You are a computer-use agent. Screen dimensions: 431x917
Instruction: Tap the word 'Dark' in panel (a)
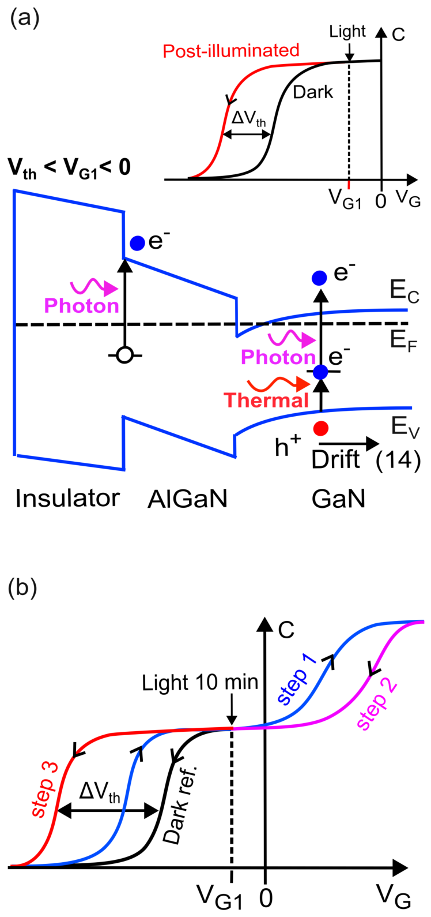coord(313,92)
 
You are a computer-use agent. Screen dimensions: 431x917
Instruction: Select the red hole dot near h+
coord(320,428)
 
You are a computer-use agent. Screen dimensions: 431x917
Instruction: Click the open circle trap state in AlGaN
coord(124,355)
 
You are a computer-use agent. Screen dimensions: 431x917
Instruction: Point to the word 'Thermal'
coord(266,400)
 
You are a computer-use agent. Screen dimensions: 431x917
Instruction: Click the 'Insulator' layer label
coord(67,498)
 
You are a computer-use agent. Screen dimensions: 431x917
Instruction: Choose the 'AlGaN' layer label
coord(187,499)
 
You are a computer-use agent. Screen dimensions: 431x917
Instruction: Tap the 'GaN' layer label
coord(339,499)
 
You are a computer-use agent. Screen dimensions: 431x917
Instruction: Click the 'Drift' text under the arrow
coord(335,459)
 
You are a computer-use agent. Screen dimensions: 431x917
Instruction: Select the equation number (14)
coord(398,460)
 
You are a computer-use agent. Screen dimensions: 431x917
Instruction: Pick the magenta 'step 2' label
coord(377,703)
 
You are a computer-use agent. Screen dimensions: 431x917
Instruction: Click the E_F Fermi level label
coord(403,340)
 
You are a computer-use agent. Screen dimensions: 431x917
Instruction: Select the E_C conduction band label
coord(404,291)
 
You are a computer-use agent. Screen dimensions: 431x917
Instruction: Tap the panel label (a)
coord(25,19)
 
